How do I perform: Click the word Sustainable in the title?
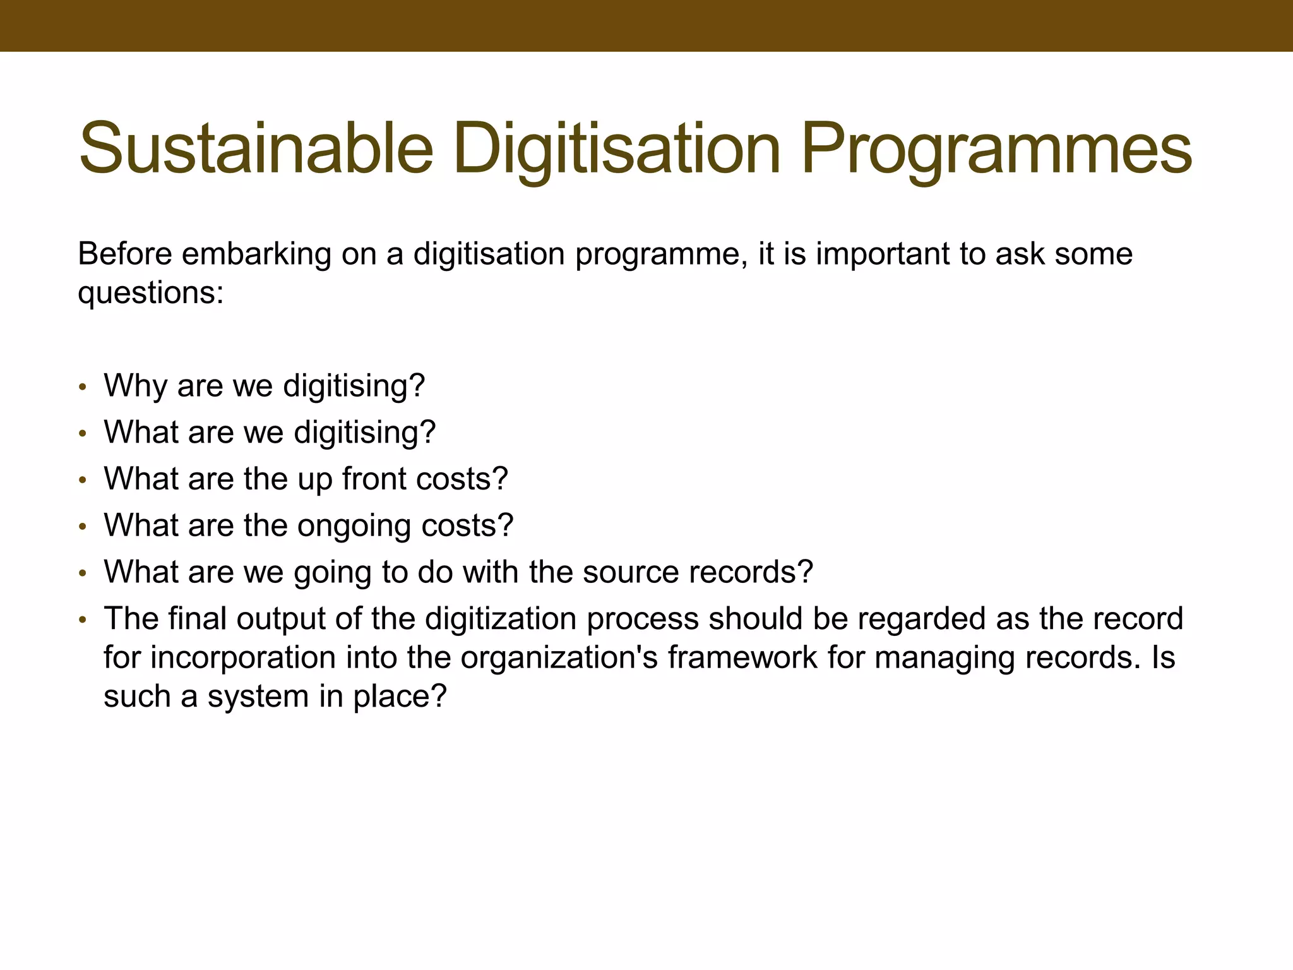tap(256, 149)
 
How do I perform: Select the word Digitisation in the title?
tap(617, 149)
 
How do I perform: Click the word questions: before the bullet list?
tap(150, 293)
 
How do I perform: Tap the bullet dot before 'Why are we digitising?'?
tap(81, 388)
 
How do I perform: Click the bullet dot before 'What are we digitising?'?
tap(81, 434)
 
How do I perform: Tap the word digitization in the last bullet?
tap(501, 619)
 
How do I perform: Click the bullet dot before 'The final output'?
tap(81, 621)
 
